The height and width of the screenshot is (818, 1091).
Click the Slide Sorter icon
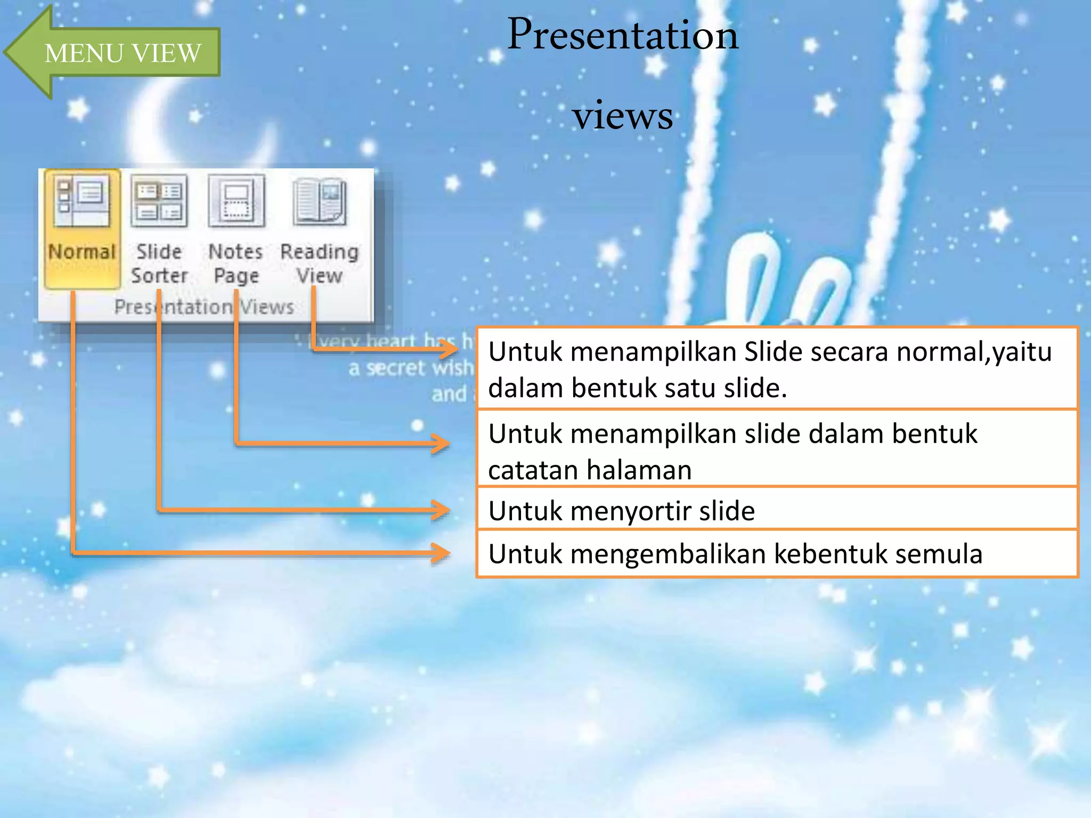click(x=159, y=201)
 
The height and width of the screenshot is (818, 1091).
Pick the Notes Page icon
click(x=237, y=201)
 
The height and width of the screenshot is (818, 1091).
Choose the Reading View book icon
click(x=320, y=201)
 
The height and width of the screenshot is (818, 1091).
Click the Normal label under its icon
click(x=82, y=251)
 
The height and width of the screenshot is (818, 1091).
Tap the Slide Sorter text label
click(x=159, y=264)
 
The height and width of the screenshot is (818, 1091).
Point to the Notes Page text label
click(x=236, y=264)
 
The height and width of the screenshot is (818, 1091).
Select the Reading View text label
click(x=320, y=264)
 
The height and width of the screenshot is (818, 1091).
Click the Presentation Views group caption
click(x=204, y=307)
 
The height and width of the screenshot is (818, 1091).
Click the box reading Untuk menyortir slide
click(x=777, y=510)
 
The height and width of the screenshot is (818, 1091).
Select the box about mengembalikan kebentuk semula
click(x=777, y=554)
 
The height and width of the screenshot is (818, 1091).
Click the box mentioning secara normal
click(x=777, y=369)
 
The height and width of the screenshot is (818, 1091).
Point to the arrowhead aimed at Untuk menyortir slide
click(x=442, y=510)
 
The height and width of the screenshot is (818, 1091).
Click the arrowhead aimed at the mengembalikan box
click(x=442, y=553)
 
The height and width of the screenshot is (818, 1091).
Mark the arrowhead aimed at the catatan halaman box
click(x=442, y=443)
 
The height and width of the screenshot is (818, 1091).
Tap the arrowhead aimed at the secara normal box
click(x=449, y=349)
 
